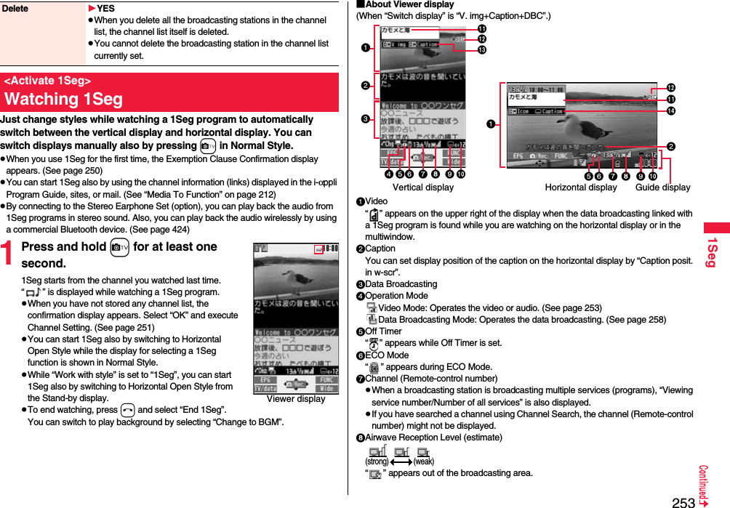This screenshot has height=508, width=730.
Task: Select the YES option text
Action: pos(105,9)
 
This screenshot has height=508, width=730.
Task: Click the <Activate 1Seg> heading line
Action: pos(47,81)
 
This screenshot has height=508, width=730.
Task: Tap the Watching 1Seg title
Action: pos(63,99)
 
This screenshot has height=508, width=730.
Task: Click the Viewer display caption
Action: pos(296,399)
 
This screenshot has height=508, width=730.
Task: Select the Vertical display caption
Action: pos(422,188)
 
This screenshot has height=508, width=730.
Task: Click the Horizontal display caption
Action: pos(580,188)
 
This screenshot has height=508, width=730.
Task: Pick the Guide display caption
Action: pos(662,188)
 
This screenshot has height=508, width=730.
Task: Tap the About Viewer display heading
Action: pos(408,4)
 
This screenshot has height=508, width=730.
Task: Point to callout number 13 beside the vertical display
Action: pos(481,50)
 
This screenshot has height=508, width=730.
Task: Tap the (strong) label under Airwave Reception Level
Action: pos(377,461)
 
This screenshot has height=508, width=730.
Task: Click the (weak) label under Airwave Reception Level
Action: pos(424,461)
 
